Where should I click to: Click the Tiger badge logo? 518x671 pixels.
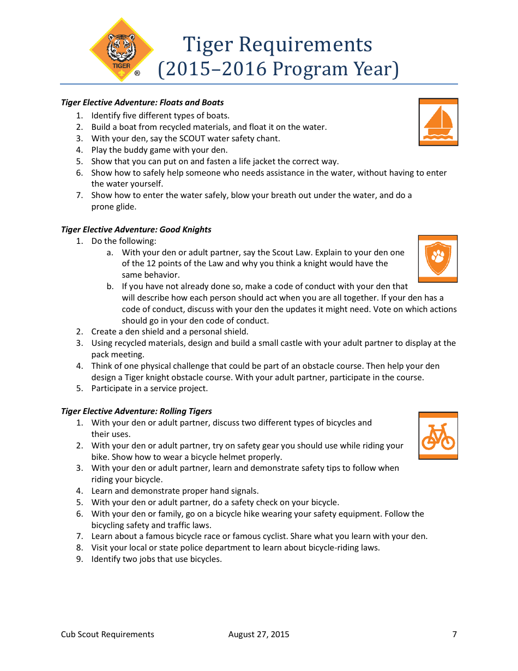[121, 50]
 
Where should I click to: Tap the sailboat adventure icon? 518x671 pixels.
[438, 122]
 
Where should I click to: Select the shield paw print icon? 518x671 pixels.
[438, 259]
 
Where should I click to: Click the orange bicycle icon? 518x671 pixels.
[438, 436]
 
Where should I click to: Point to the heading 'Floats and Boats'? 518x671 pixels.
[191, 103]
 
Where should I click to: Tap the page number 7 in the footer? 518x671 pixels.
[454, 634]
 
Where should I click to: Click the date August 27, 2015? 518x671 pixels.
[259, 634]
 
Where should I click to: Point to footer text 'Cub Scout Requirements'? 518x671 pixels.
[107, 634]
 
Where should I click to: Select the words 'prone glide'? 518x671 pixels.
[114, 207]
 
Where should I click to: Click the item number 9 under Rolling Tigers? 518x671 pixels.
[80, 559]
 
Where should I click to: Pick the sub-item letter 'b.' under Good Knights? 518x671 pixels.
[110, 286]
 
